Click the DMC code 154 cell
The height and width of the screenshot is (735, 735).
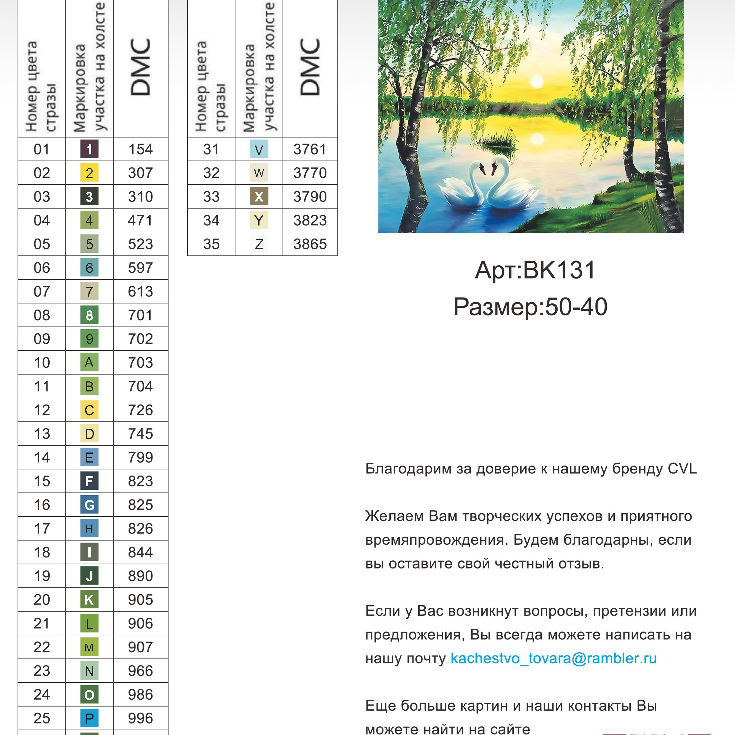(x=140, y=149)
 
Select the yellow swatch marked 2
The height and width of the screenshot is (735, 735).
(x=89, y=173)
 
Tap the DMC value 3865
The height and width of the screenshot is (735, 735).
(x=310, y=244)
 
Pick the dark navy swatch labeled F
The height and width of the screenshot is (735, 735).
(x=89, y=481)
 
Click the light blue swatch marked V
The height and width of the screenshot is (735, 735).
(x=259, y=149)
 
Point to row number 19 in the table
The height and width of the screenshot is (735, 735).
(x=42, y=576)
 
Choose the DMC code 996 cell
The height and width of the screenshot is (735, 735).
(x=140, y=718)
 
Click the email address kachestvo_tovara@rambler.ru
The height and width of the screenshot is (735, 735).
(x=554, y=658)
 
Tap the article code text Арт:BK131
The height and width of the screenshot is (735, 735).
(x=535, y=270)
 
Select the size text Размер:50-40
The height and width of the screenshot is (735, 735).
(x=530, y=307)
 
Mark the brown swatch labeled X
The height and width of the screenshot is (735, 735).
(x=259, y=197)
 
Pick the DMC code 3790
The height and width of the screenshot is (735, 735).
(x=310, y=197)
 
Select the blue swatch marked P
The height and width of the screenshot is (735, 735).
(x=89, y=718)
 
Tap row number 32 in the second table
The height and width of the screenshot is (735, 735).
(x=211, y=173)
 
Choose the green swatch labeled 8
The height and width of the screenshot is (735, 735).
(x=89, y=315)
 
